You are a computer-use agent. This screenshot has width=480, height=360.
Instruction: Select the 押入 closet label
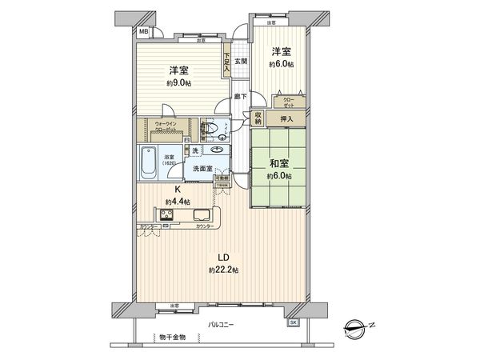[x=286, y=118]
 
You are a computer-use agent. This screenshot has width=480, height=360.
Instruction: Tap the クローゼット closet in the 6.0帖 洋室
[x=287, y=102]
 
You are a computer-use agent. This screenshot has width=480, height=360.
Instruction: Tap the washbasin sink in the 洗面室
[x=215, y=150]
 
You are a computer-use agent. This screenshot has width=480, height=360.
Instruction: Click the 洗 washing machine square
[x=194, y=150]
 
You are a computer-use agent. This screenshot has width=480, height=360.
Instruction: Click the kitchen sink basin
[x=202, y=214]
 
